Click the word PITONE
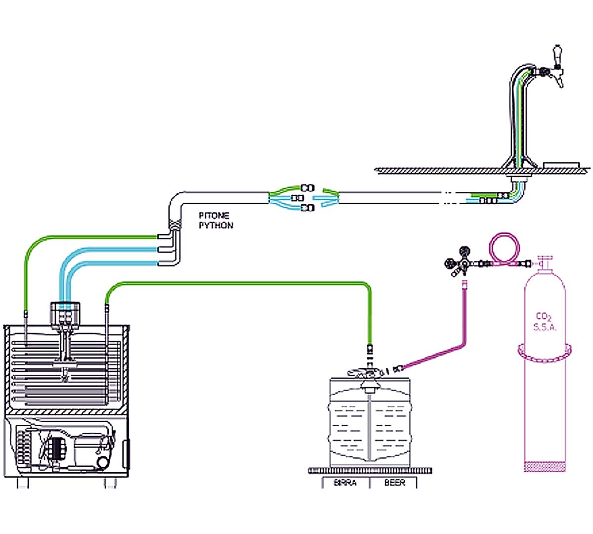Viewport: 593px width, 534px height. tap(214, 216)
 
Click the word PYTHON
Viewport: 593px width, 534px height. tap(216, 225)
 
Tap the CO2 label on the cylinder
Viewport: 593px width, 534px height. tap(544, 316)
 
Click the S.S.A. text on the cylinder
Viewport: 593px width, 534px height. tap(545, 327)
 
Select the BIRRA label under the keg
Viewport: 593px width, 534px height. tap(345, 483)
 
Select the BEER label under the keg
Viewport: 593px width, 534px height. tap(394, 483)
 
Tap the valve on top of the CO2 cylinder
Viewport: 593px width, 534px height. tap(545, 262)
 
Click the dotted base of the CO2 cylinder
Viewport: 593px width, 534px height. tap(545, 466)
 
